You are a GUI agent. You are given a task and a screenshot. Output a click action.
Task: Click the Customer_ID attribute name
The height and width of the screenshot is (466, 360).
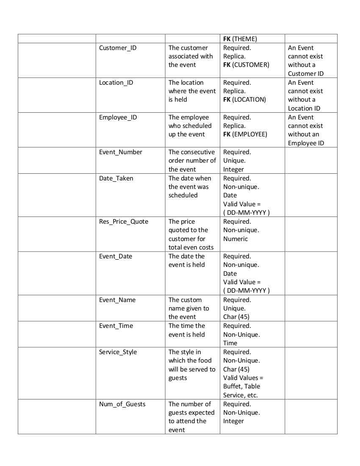pyautogui.click(x=118, y=48)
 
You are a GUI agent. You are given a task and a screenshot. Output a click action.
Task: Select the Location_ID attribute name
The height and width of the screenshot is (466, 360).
pyautogui.click(x=116, y=83)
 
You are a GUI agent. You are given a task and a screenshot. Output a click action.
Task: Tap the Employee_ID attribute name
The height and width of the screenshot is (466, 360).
pyautogui.click(x=118, y=117)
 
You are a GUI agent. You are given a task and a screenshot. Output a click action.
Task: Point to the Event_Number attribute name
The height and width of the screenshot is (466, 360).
pyautogui.click(x=121, y=152)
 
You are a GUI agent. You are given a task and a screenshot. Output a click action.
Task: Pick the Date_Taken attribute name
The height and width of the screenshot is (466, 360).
pyautogui.click(x=116, y=178)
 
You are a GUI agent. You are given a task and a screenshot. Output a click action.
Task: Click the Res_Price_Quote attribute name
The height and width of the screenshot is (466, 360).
pyautogui.click(x=124, y=222)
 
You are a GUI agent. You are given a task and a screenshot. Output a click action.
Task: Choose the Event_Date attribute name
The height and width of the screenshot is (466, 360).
pyautogui.click(x=116, y=256)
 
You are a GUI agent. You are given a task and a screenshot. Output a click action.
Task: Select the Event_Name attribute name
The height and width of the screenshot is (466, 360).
pyautogui.click(x=117, y=300)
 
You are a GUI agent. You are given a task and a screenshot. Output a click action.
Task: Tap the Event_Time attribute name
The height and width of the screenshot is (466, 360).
pyautogui.click(x=116, y=326)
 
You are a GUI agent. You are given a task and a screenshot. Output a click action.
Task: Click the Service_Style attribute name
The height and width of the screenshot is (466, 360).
pyautogui.click(x=118, y=352)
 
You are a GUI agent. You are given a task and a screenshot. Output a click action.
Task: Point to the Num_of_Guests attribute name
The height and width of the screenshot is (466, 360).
pyautogui.click(x=122, y=404)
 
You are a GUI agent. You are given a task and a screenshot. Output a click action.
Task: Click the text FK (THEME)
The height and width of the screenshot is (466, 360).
pyautogui.click(x=240, y=39)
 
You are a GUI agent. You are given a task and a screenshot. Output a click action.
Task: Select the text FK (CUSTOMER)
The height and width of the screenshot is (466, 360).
pyautogui.click(x=246, y=65)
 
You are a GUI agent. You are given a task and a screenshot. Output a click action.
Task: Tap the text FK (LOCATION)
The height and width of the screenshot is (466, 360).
pyautogui.click(x=244, y=100)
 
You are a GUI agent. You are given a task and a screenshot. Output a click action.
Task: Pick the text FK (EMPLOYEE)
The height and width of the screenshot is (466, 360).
pyautogui.click(x=245, y=134)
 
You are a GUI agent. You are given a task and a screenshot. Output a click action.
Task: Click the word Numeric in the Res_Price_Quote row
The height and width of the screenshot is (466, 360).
pyautogui.click(x=235, y=239)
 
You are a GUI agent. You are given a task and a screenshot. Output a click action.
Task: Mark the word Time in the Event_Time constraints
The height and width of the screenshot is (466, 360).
pyautogui.click(x=230, y=343)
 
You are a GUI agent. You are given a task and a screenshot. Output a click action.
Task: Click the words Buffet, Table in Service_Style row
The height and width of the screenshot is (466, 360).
pyautogui.click(x=242, y=386)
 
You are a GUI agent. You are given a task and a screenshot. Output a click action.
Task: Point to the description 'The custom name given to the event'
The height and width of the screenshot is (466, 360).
pyautogui.click(x=189, y=308)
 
